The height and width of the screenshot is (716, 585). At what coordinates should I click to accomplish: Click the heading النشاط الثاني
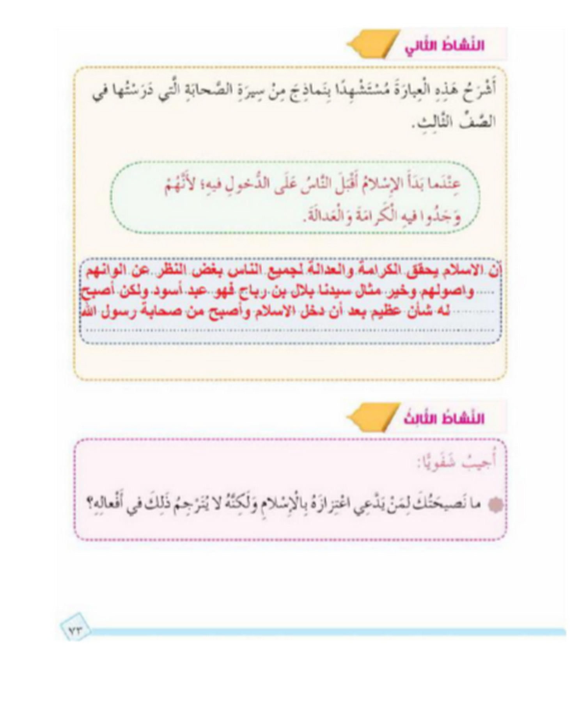[444, 46]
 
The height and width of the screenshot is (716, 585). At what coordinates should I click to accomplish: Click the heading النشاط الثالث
[444, 419]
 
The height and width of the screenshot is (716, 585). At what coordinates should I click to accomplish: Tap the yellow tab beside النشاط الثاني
[372, 44]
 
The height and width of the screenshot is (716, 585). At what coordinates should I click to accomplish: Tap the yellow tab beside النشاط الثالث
[372, 417]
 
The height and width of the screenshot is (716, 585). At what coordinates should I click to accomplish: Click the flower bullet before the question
[495, 505]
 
